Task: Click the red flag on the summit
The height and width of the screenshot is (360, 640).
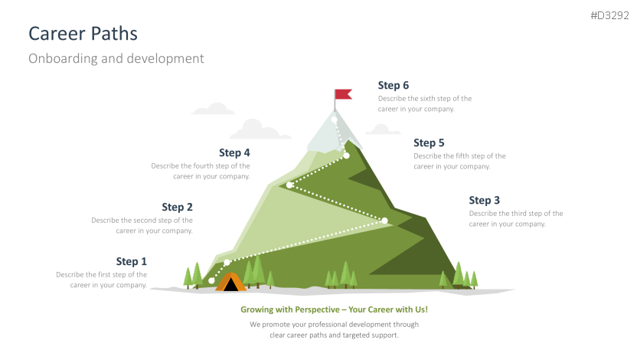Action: (x=343, y=95)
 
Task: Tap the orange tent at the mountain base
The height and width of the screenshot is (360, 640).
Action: (x=230, y=283)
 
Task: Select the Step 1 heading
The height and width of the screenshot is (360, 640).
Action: (x=132, y=261)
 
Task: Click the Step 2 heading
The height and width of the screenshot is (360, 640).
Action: (x=177, y=207)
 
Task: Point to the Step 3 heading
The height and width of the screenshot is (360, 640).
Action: (x=485, y=200)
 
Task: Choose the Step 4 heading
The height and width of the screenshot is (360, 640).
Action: (x=234, y=152)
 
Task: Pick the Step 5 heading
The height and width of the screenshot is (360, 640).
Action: (x=429, y=142)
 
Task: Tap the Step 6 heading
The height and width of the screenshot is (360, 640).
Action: (x=393, y=85)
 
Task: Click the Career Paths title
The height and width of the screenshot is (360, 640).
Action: (x=83, y=33)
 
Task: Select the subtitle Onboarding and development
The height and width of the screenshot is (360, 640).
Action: (x=116, y=58)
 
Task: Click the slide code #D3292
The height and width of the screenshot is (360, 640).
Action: (x=609, y=15)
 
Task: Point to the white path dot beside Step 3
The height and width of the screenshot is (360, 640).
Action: (x=385, y=221)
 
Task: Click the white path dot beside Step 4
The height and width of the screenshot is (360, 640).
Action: (x=289, y=185)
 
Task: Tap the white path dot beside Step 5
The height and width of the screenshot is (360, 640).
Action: (x=346, y=155)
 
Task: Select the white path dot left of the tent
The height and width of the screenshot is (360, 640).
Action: (x=211, y=280)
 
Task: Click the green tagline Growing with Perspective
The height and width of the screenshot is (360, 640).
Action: (x=334, y=309)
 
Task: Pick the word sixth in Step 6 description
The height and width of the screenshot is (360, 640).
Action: (x=428, y=98)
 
